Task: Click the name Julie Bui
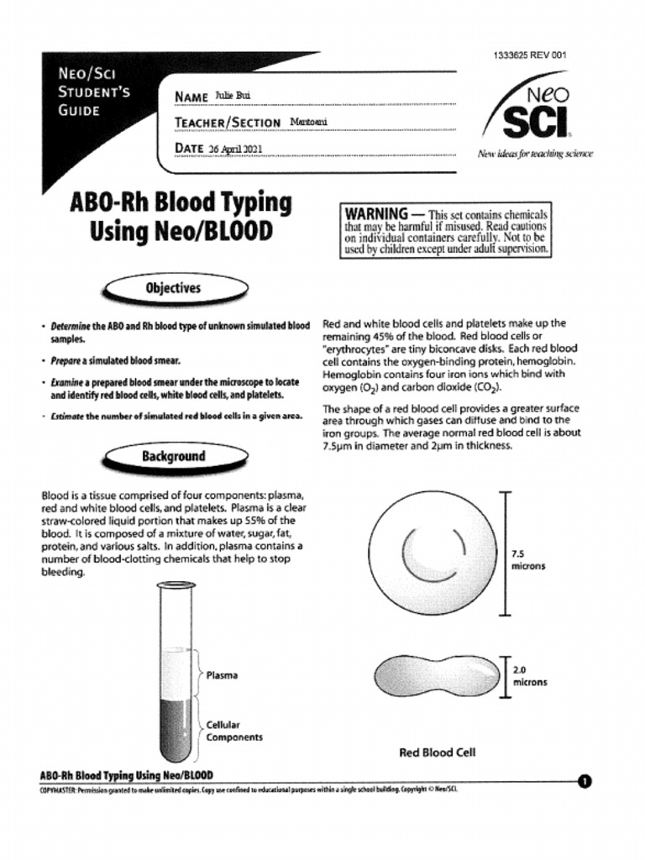pyautogui.click(x=233, y=95)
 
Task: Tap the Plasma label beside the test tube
pyautogui.click(x=222, y=674)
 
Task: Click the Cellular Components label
pyautogui.click(x=234, y=731)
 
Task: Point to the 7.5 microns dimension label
pyautogui.click(x=528, y=560)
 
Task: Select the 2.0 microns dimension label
pyautogui.click(x=529, y=676)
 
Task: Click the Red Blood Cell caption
pyautogui.click(x=437, y=752)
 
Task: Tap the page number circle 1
pyautogui.click(x=585, y=782)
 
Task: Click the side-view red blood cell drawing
pyautogui.click(x=436, y=676)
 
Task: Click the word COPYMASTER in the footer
pyautogui.click(x=58, y=789)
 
